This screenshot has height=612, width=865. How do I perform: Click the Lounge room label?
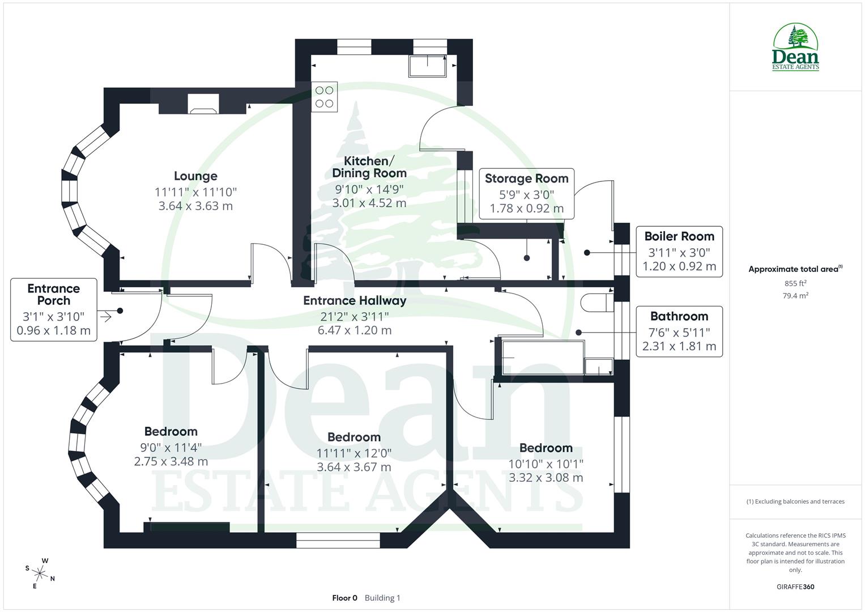[195, 176]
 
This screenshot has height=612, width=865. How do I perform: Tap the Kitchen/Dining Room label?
[369, 167]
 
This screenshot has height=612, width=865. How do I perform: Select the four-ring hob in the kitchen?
[324, 97]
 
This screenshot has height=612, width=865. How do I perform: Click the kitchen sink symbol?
[427, 66]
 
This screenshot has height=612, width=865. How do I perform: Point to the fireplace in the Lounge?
[203, 104]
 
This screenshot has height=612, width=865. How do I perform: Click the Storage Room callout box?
[526, 193]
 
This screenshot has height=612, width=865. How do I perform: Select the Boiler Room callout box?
[679, 251]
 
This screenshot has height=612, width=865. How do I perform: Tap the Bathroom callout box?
[679, 331]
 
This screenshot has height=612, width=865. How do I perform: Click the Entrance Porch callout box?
[54, 309]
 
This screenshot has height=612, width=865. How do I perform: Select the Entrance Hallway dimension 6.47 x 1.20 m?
[355, 330]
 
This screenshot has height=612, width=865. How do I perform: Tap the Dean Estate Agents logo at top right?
[795, 48]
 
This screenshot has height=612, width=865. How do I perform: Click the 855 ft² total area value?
[795, 283]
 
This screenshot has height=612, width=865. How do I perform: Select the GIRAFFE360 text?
[795, 586]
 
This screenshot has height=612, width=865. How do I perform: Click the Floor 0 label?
[344, 598]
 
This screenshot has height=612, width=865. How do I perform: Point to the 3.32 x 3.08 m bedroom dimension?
[546, 478]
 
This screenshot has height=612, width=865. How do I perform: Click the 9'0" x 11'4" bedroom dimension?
[171, 448]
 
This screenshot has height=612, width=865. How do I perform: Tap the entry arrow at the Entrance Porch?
[105, 316]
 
